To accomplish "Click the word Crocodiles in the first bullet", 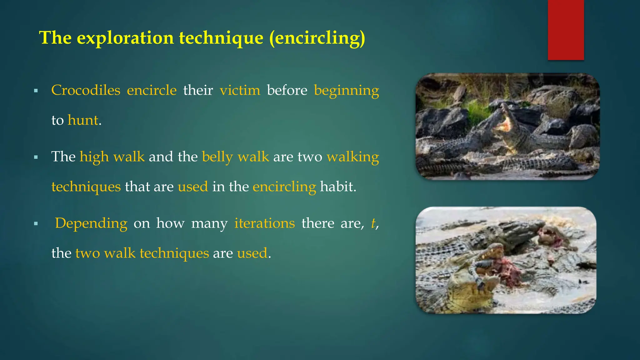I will click(x=86, y=90).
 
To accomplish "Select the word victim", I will click(x=240, y=90).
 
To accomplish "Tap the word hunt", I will click(x=83, y=120).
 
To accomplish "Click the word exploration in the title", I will click(x=125, y=38).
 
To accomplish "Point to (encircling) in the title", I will click(x=317, y=38).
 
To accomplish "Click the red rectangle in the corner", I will click(x=566, y=30).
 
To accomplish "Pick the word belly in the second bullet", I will click(x=217, y=157).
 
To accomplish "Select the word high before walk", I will click(x=94, y=157).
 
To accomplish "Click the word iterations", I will click(x=264, y=223).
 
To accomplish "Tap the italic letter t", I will click(x=373, y=223).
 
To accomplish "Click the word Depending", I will click(x=91, y=223).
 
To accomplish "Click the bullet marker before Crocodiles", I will click(x=36, y=91).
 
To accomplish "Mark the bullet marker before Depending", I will click(x=36, y=224).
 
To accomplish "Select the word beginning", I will click(x=346, y=90).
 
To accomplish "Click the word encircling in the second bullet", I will click(x=284, y=187).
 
